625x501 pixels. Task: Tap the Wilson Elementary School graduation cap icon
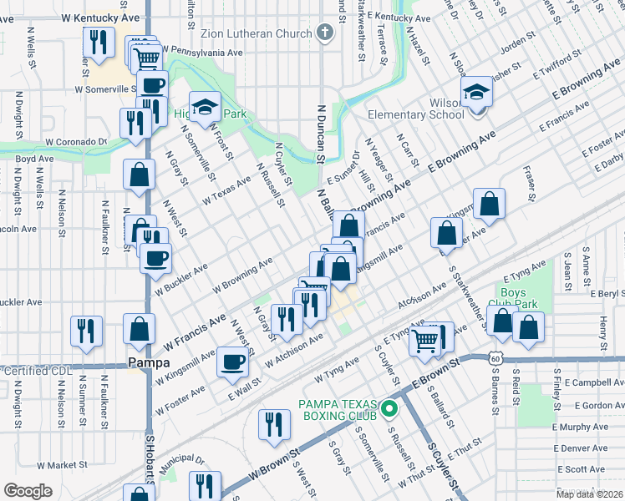476,92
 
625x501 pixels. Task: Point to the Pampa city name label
149,364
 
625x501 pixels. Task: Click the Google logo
28,491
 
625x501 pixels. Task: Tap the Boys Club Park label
513,298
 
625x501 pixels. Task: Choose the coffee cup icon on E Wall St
232,362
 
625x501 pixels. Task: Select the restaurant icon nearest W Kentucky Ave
99,43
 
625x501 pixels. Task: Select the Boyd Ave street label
34,158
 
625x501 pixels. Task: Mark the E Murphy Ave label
584,427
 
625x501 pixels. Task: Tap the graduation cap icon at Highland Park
204,106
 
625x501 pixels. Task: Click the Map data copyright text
589,493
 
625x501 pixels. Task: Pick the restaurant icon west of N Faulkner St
87,331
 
